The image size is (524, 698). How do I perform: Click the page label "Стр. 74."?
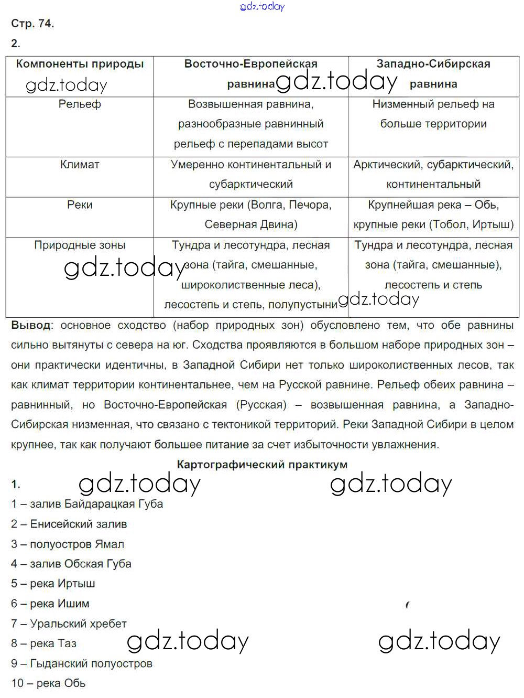32,24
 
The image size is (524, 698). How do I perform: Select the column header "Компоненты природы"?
80,64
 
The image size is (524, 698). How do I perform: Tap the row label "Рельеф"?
80,104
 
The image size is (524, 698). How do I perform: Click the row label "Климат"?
80,165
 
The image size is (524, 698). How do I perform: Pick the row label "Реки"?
80,205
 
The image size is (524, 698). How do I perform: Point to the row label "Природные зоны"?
80,245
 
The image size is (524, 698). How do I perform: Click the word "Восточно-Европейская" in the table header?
251,64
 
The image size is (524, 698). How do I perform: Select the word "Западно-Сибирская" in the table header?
433,64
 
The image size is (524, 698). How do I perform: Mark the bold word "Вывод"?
31,325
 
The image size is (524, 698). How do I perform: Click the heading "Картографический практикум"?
262,465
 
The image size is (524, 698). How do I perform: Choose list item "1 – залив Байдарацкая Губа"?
87,504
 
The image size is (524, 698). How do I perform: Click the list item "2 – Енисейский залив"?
69,524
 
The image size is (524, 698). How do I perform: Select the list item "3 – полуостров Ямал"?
68,544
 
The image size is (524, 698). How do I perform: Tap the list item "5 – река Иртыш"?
53,584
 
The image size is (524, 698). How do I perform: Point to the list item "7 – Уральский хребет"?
69,624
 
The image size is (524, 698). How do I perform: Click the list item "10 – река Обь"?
48,683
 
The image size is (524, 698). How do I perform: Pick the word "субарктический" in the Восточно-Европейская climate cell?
251,185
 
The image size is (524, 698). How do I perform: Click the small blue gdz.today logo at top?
262,6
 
